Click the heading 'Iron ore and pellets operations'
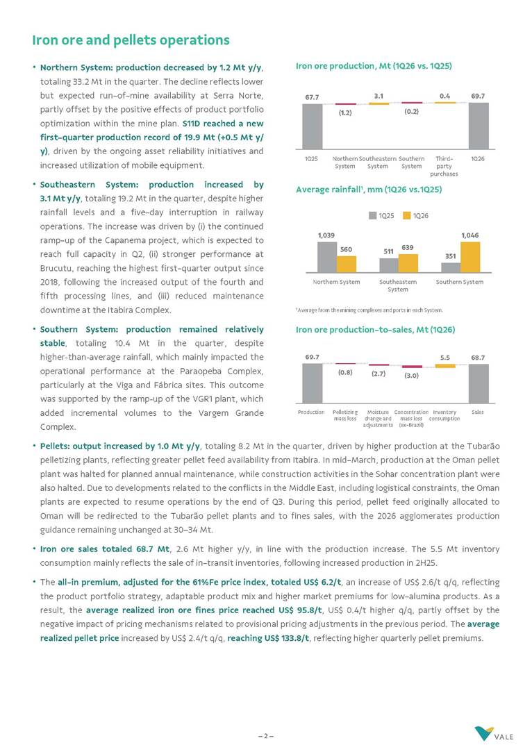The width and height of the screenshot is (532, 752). [x=131, y=40]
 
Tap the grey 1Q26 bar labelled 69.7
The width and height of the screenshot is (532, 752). [x=478, y=126]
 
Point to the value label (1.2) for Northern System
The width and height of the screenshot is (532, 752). [x=345, y=112]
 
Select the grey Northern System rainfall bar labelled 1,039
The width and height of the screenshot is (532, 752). [x=326, y=257]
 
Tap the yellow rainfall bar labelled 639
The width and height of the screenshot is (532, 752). [x=408, y=263]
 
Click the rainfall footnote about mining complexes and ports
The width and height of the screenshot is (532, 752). [x=369, y=310]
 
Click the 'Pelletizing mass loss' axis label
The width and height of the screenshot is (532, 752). [x=345, y=415]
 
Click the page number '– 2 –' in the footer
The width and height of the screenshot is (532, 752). [x=266, y=735]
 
